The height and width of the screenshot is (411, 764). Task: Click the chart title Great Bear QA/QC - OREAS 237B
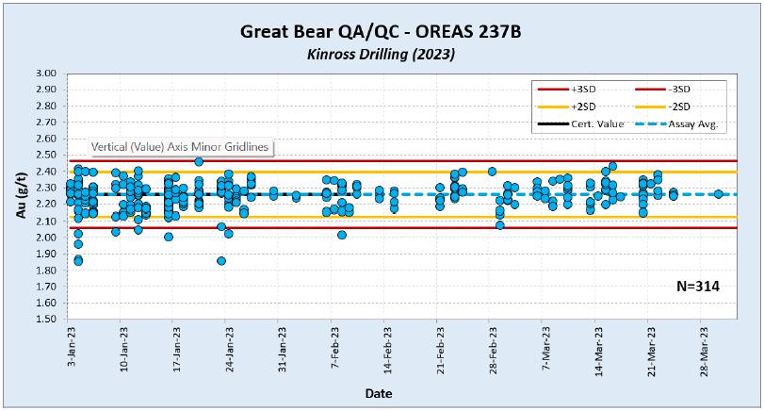[382, 32]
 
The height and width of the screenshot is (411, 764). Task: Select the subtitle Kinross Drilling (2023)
[382, 55]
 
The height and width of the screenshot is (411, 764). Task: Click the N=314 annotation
[698, 287]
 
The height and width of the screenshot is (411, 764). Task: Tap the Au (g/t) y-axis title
[21, 195]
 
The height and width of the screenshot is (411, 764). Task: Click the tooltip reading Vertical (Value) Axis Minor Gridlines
[179, 147]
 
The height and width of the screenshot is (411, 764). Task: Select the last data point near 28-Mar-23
[718, 194]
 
